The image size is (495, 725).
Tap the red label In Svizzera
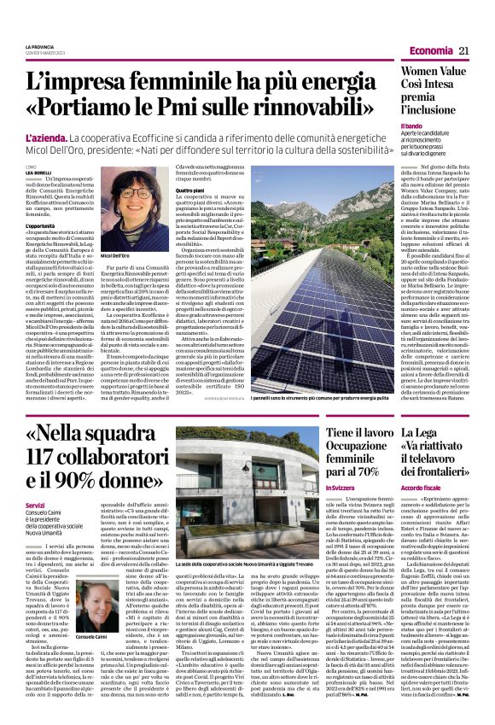(x=342, y=487)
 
